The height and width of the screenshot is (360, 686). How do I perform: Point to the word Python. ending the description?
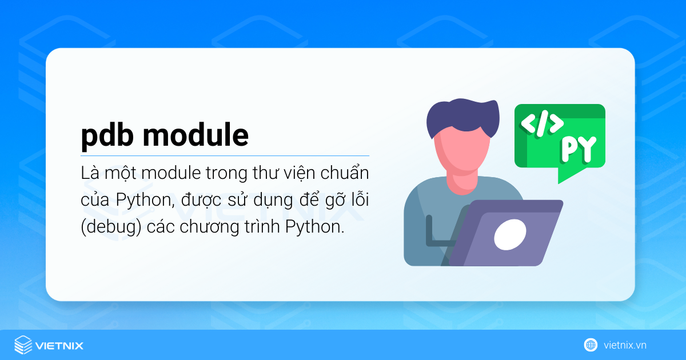coord(316,226)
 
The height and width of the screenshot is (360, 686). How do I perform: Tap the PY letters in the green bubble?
coord(578,149)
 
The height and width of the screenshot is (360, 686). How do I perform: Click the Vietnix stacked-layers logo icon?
coord(22,345)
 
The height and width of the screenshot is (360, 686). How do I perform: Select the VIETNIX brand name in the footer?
coord(59,345)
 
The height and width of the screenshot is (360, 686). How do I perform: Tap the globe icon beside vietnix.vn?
coord(591,345)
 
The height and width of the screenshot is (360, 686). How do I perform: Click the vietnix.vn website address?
coord(624,345)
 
